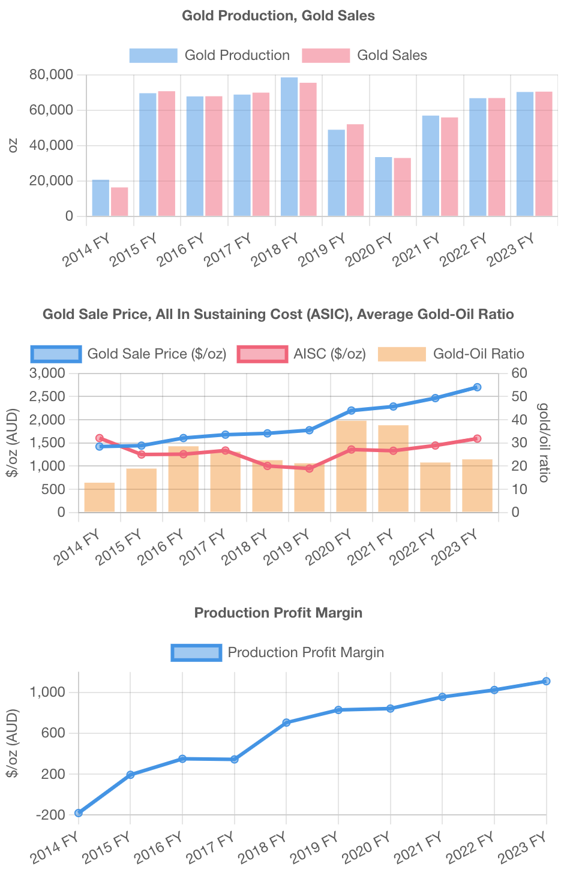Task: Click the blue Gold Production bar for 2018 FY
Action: [289, 147]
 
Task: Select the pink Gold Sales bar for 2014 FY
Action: [119, 202]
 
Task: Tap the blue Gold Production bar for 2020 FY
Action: [383, 186]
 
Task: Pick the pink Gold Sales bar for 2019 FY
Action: [355, 170]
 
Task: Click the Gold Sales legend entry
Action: [364, 55]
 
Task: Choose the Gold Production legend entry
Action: [209, 55]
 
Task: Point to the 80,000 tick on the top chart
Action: [51, 75]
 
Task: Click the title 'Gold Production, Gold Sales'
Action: [278, 16]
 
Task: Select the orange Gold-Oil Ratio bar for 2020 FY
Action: [352, 466]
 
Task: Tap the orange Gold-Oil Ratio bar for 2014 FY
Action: [100, 498]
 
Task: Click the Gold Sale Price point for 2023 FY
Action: [477, 387]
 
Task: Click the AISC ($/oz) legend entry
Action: [301, 354]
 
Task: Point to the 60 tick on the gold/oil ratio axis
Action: [520, 374]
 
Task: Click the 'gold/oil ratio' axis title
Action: [543, 442]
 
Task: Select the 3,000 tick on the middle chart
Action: [46, 374]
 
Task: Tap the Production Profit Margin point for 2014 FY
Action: [79, 813]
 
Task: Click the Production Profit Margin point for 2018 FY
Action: [286, 723]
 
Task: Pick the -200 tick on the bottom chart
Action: [50, 815]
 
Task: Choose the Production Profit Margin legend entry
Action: [278, 652]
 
